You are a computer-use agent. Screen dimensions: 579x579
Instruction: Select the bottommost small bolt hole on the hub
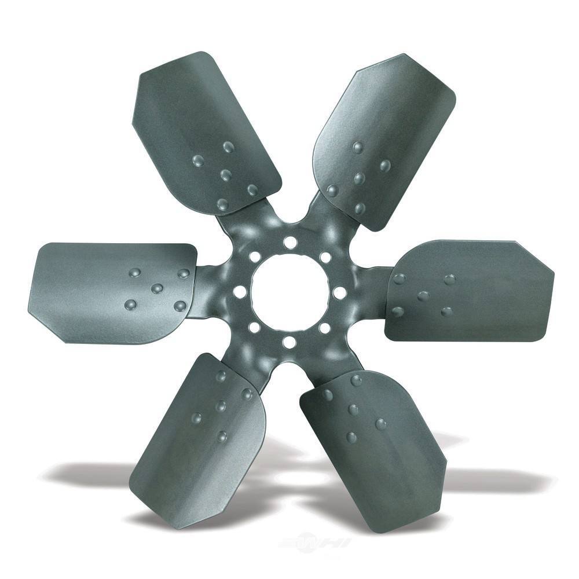[x=289, y=342]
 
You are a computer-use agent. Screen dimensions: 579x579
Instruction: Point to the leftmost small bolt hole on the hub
[x=239, y=292]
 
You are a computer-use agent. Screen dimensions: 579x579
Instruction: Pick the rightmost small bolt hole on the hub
[x=340, y=292]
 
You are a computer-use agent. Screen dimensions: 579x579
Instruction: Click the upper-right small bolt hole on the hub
[x=325, y=257]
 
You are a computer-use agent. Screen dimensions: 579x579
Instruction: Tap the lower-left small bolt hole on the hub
[x=254, y=328]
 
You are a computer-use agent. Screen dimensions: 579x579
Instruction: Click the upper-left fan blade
[x=197, y=127]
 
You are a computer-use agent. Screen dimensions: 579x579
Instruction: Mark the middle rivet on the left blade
[x=156, y=288]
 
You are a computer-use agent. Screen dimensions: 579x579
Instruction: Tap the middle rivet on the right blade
[x=423, y=296]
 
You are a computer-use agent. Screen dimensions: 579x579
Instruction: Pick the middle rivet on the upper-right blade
[x=359, y=178]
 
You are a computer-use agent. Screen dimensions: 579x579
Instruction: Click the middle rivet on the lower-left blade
[x=221, y=406]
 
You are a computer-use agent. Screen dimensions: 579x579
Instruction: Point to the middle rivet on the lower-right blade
[x=353, y=410]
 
